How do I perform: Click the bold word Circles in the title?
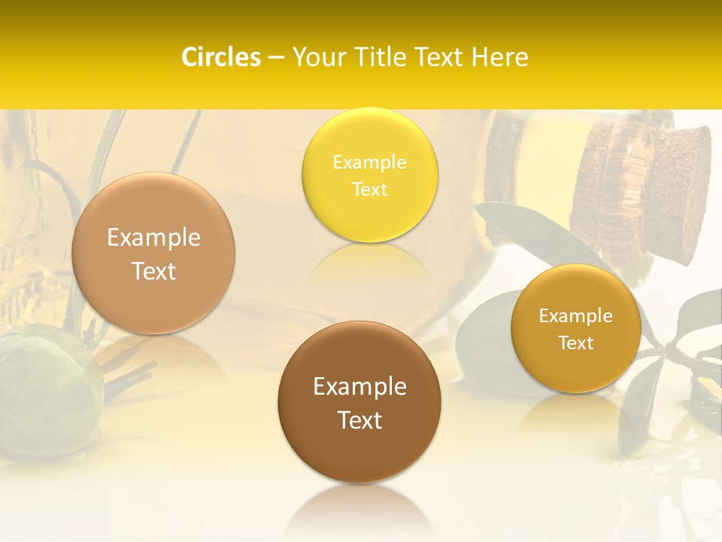pyautogui.click(x=220, y=57)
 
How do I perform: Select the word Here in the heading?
pyautogui.click(x=499, y=57)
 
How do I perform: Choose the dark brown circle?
pyautogui.click(x=359, y=452)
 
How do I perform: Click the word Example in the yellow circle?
pyautogui.click(x=369, y=163)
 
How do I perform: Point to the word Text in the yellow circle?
pyautogui.click(x=369, y=190)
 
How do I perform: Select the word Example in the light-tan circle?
pyautogui.click(x=153, y=238)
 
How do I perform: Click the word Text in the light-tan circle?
pyautogui.click(x=153, y=272)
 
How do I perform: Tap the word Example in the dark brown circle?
pyautogui.click(x=359, y=387)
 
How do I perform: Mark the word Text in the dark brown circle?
pyautogui.click(x=359, y=420)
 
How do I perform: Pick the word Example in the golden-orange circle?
pyautogui.click(x=576, y=316)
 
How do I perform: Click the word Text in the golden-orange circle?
pyautogui.click(x=576, y=343)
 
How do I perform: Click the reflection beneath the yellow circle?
pyautogui.click(x=369, y=260)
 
